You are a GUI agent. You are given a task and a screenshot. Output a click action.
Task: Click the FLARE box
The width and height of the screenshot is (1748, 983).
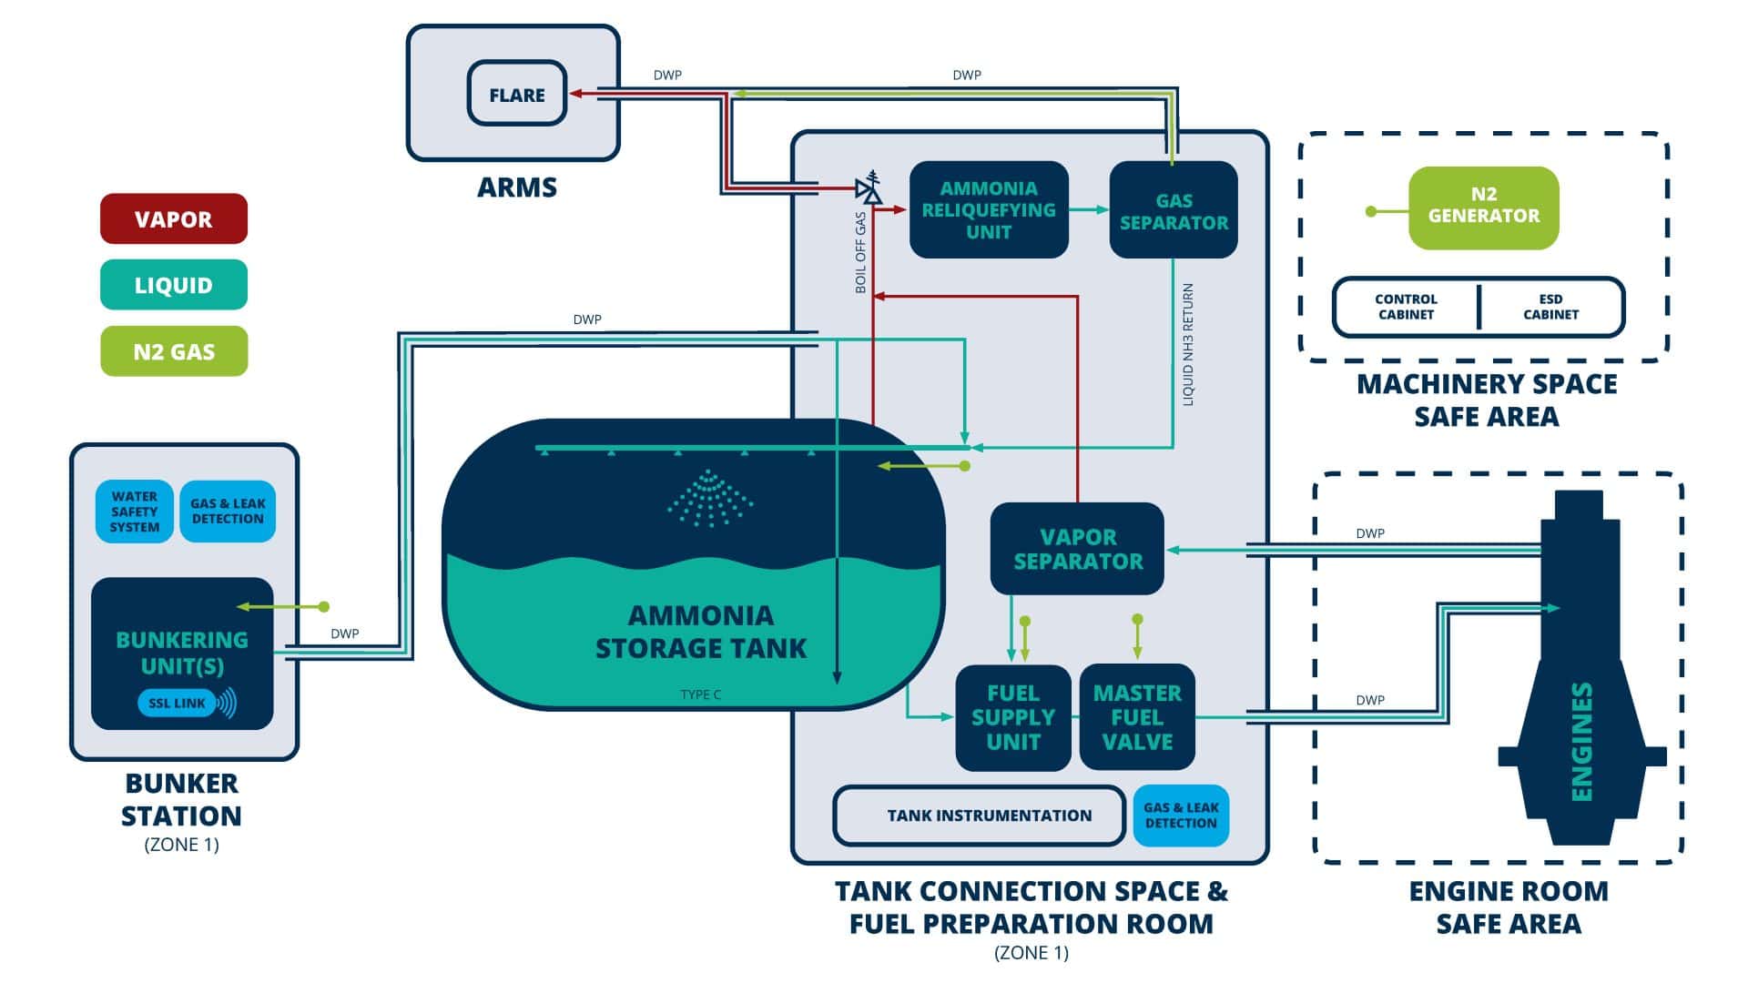516,94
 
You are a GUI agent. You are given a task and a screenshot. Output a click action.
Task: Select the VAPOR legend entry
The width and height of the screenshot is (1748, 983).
173,218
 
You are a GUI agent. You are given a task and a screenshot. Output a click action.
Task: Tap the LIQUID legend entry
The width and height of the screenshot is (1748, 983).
173,285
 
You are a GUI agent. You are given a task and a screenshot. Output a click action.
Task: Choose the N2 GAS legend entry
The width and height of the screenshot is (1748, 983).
173,351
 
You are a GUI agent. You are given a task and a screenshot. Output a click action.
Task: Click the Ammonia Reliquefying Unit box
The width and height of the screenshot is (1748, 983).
989,210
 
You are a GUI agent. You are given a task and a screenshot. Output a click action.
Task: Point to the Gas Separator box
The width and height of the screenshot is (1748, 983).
1173,211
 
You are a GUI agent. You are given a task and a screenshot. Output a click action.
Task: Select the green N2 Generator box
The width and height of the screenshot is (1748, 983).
1483,208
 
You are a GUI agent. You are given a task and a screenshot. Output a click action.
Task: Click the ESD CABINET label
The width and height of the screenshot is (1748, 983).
1550,307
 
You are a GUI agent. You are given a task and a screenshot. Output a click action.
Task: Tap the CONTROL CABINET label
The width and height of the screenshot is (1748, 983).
1406,307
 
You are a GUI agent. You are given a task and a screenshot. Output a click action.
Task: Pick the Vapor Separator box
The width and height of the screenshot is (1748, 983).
1077,549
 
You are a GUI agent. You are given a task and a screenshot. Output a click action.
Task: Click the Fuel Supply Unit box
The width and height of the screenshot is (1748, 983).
1012,717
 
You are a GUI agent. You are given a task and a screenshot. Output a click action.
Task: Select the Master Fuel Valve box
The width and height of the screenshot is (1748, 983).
1136,717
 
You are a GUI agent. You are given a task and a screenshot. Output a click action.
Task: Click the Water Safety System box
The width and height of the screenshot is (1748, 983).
134,512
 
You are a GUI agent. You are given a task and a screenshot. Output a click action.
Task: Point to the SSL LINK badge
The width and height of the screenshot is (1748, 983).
178,703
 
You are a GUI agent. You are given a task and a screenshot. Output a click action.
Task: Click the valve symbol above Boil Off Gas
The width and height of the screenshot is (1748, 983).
870,188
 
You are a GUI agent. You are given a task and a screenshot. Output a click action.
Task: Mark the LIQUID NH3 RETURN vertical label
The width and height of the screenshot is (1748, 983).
1187,344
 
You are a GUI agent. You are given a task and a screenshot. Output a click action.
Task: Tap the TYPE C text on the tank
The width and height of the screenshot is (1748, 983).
700,694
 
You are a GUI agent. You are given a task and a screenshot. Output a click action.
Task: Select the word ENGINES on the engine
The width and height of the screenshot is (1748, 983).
1582,741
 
